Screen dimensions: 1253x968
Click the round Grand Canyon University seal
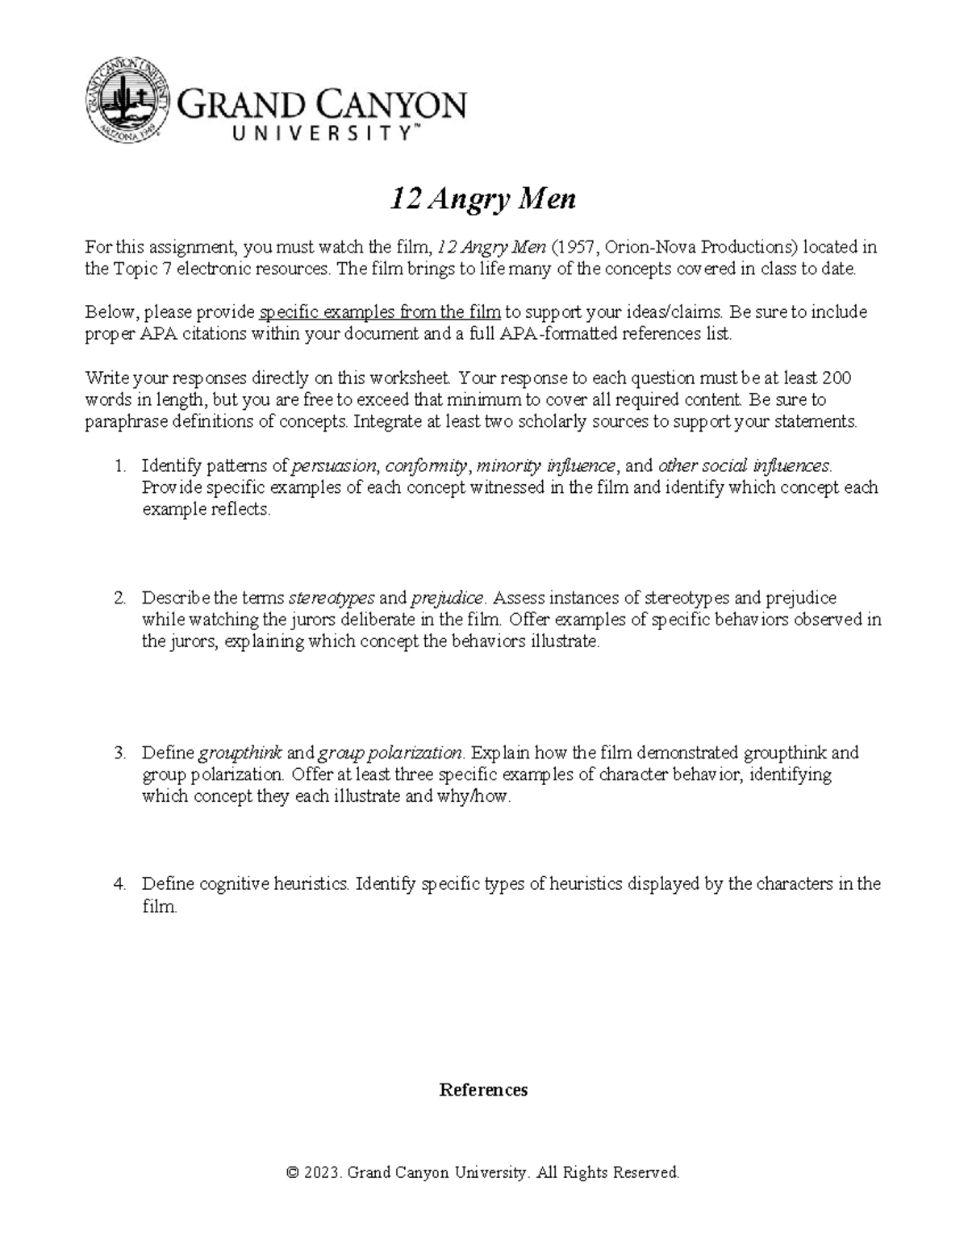[x=128, y=101]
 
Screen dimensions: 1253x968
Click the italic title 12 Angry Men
[x=483, y=198]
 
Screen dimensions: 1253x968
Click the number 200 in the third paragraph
[x=836, y=378]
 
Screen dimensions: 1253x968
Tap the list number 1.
[x=119, y=466]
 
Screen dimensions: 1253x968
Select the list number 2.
[x=119, y=598]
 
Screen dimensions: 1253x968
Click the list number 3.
[x=119, y=753]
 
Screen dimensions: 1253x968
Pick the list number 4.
[x=119, y=884]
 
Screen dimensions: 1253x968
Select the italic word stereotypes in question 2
[x=331, y=598]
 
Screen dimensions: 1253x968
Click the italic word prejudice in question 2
[x=447, y=598]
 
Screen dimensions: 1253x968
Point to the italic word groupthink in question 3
[x=240, y=753]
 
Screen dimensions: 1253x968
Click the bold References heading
[x=483, y=1090]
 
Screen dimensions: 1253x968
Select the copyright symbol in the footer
[x=293, y=1172]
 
